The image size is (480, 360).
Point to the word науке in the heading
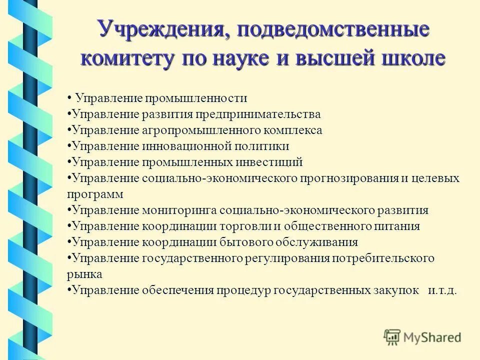click(238, 58)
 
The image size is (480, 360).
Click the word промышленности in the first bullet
click(195, 97)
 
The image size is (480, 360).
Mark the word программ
click(94, 193)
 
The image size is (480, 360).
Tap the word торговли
click(245, 226)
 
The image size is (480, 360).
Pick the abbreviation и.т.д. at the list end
click(442, 290)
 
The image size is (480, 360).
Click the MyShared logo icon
click(392, 337)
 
